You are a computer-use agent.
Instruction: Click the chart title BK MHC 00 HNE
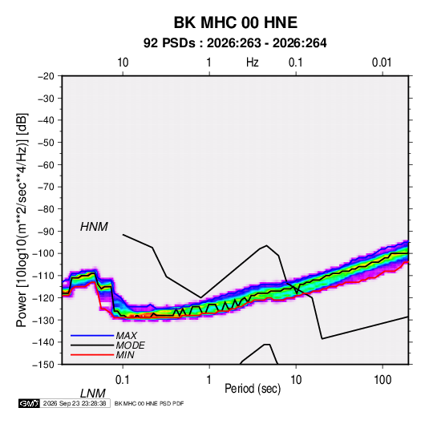236,22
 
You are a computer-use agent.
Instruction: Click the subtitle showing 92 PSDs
235,43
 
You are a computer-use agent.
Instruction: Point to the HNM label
94,227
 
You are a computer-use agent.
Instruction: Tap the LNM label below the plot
93,394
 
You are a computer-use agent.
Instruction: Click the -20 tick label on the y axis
46,76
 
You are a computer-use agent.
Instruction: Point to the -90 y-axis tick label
46,232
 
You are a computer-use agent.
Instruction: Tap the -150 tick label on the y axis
43,365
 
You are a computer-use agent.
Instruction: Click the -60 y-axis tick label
46,164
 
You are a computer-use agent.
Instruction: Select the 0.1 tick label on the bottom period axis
123,380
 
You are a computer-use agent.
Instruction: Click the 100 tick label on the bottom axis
382,380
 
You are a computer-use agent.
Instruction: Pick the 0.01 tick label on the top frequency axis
382,63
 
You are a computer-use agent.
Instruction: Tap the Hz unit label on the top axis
253,63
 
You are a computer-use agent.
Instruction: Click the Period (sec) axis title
253,389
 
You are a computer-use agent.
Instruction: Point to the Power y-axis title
22,220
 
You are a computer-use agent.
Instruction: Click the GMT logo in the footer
30,403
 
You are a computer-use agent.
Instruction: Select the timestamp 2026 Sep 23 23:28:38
75,403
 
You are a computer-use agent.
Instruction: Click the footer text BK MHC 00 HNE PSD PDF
149,403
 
